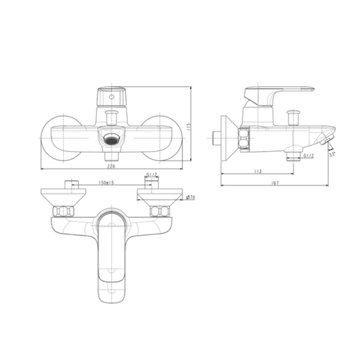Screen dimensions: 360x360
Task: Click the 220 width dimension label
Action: (x=111, y=166)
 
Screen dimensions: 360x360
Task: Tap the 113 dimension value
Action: (x=257, y=172)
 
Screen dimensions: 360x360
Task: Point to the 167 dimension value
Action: (x=275, y=183)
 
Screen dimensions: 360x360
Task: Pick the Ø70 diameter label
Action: (x=191, y=197)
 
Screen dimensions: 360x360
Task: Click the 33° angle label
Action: (x=332, y=154)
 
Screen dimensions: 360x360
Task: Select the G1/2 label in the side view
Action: (x=309, y=156)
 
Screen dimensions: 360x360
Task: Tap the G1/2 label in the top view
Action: (x=152, y=175)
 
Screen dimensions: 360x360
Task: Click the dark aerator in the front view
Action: (x=111, y=138)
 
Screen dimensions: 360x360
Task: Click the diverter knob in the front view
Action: (x=111, y=117)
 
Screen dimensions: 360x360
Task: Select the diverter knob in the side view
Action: (x=293, y=117)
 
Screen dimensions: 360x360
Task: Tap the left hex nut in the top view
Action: (x=63, y=211)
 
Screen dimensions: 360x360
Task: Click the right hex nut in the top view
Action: (x=159, y=211)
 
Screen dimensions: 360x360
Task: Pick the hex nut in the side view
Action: (x=244, y=139)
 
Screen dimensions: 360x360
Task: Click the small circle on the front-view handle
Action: (x=111, y=97)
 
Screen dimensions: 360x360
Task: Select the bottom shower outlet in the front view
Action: (x=111, y=156)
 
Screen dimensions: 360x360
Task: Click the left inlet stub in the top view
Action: (x=72, y=184)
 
